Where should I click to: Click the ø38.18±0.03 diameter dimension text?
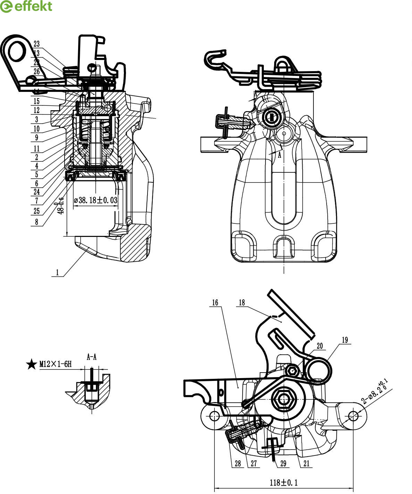click(x=96, y=200)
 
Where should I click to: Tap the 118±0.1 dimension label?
click(x=284, y=482)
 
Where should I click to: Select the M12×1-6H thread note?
click(x=55, y=364)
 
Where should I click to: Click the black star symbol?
click(x=32, y=364)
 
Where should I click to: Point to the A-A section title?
click(x=91, y=357)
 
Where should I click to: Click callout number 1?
click(x=58, y=273)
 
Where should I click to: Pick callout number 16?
click(x=215, y=303)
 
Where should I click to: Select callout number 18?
click(x=242, y=303)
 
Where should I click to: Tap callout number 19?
click(x=345, y=340)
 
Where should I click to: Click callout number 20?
click(x=320, y=346)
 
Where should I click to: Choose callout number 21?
click(x=306, y=463)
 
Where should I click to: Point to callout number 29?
click(x=284, y=463)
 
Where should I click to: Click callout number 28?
click(x=237, y=463)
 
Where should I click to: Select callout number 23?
click(x=36, y=44)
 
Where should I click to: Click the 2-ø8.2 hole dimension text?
click(x=375, y=393)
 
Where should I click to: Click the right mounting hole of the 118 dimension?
click(x=353, y=415)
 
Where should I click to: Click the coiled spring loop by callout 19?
click(x=318, y=370)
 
